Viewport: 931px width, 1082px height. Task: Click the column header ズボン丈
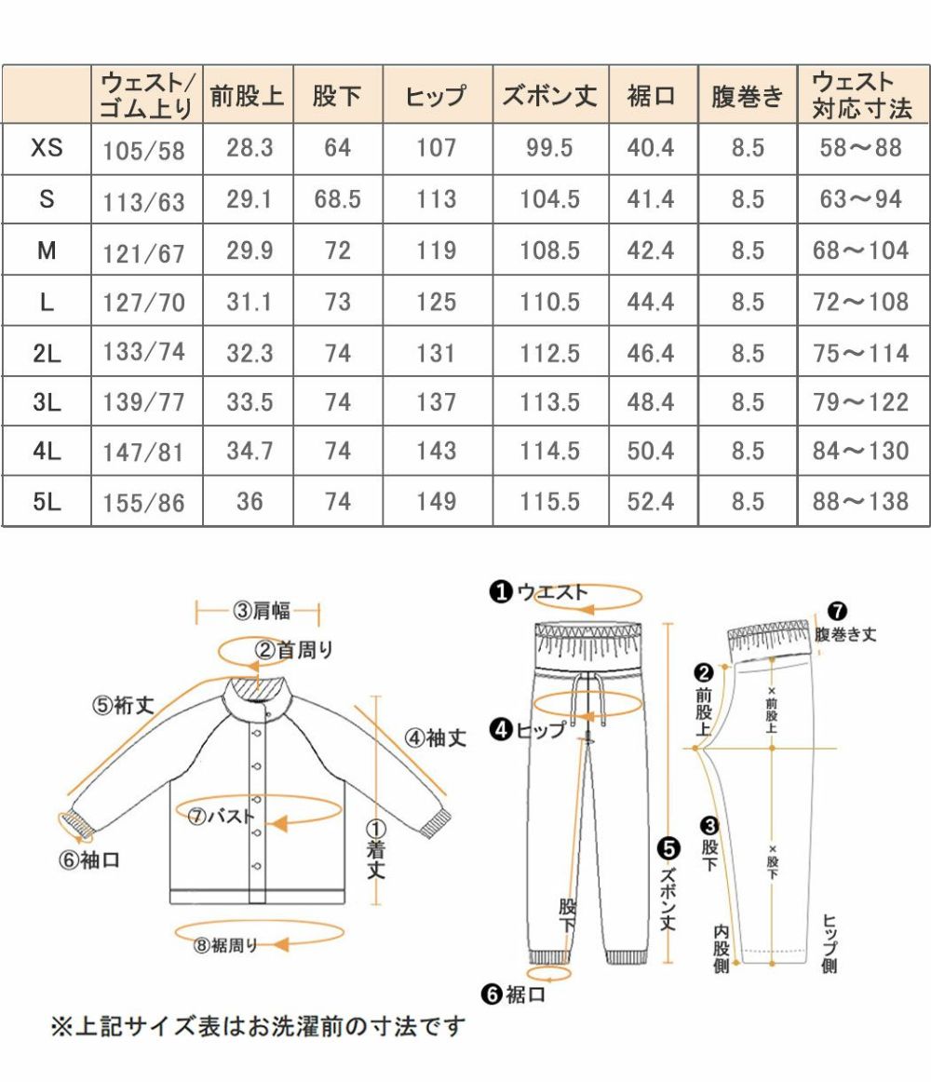point(549,96)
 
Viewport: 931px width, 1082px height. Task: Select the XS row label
point(47,148)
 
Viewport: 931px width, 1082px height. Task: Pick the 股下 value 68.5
point(337,199)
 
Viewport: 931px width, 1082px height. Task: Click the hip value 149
point(437,502)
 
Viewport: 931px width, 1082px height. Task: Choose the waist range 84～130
point(860,452)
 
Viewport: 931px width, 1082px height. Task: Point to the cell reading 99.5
point(549,148)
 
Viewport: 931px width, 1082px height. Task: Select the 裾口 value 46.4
point(651,354)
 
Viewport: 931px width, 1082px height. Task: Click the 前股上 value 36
point(250,502)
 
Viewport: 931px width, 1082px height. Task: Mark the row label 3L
point(47,403)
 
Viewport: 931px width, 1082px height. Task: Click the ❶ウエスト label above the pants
point(540,591)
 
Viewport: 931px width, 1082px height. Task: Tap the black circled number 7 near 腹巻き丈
point(836,612)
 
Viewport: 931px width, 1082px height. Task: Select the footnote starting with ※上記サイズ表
point(257,1027)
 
